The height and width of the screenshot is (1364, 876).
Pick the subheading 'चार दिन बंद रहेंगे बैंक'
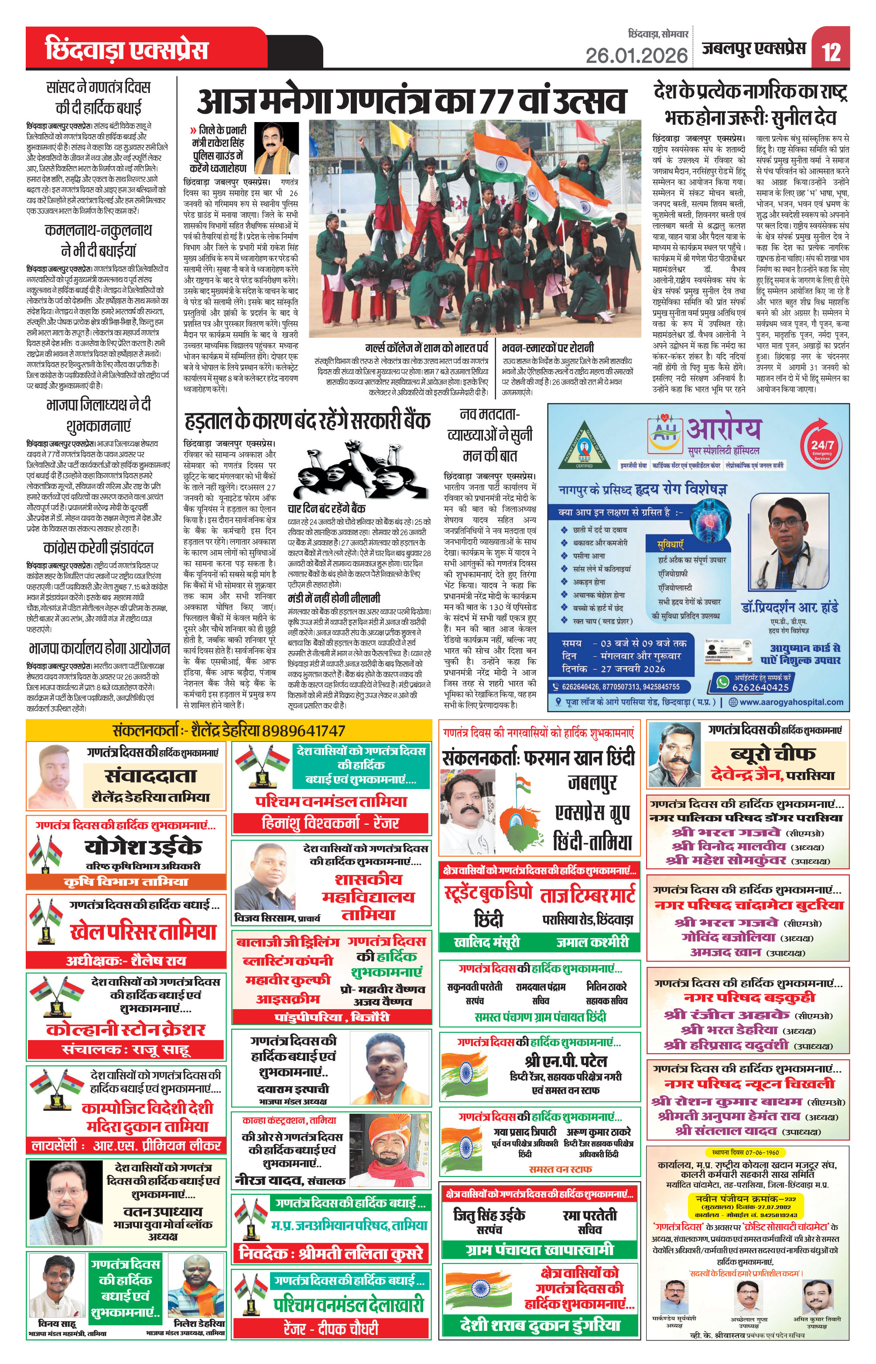tap(326, 509)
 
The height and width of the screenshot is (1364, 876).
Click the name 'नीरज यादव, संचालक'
tap(290, 1180)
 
